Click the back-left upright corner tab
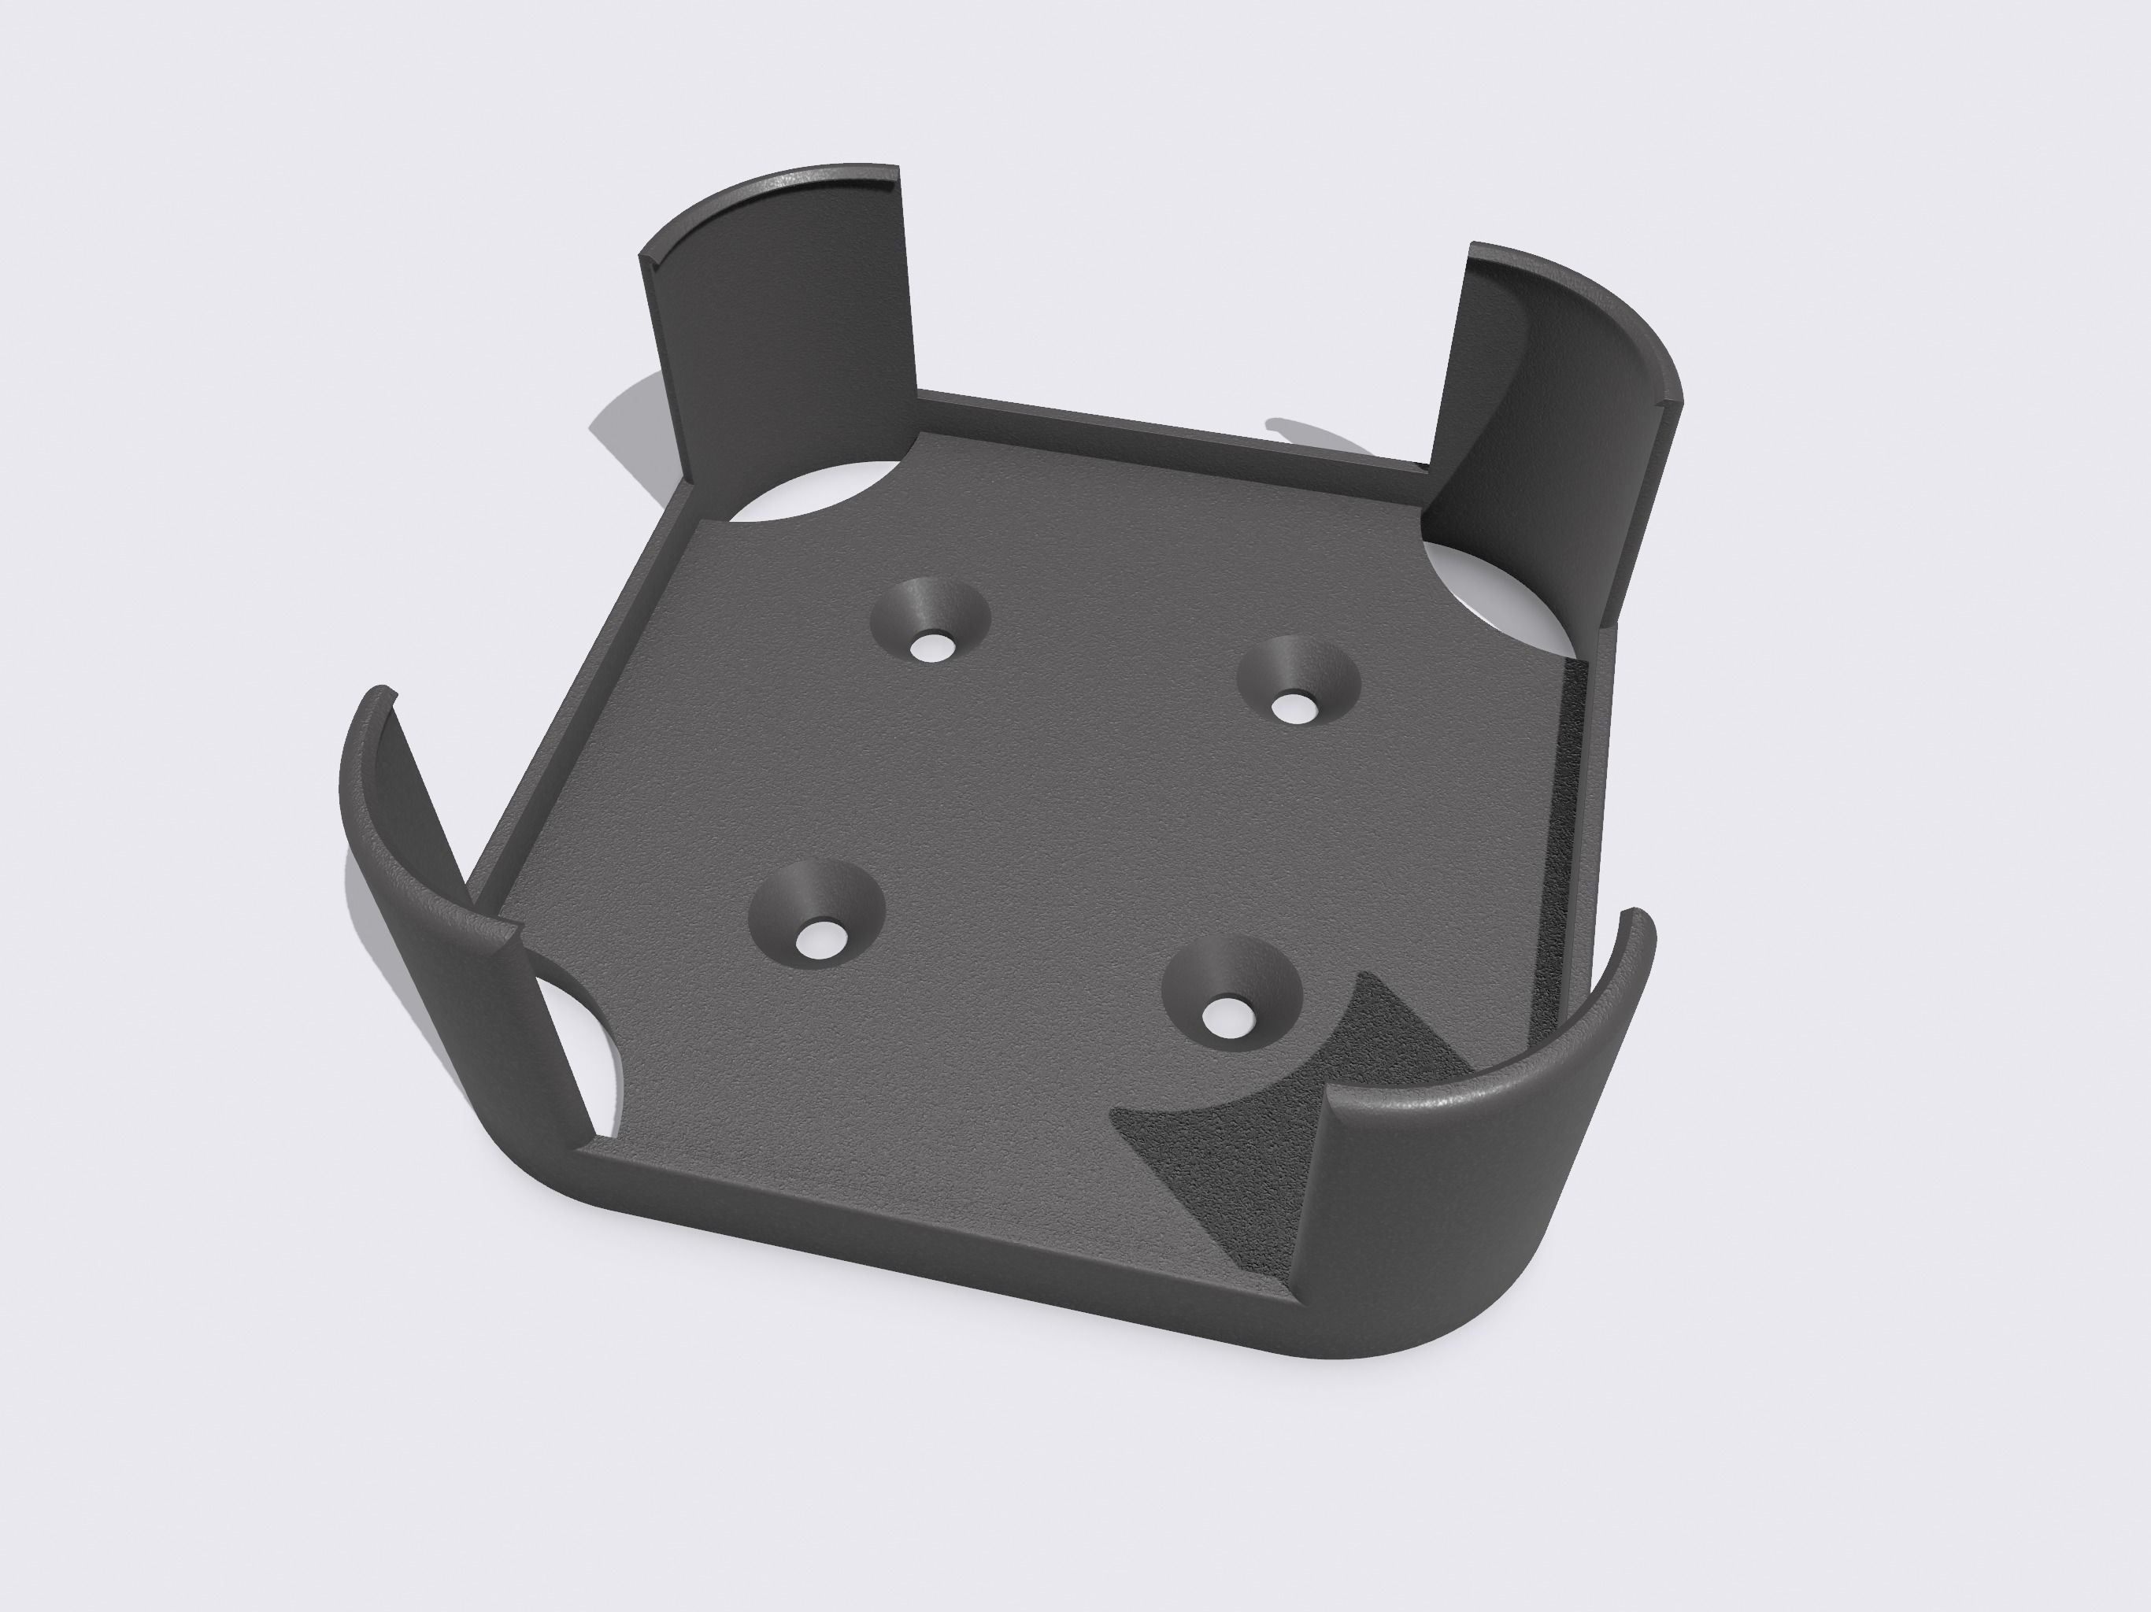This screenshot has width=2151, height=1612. point(778,321)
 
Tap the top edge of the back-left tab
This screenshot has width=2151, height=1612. point(768,190)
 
